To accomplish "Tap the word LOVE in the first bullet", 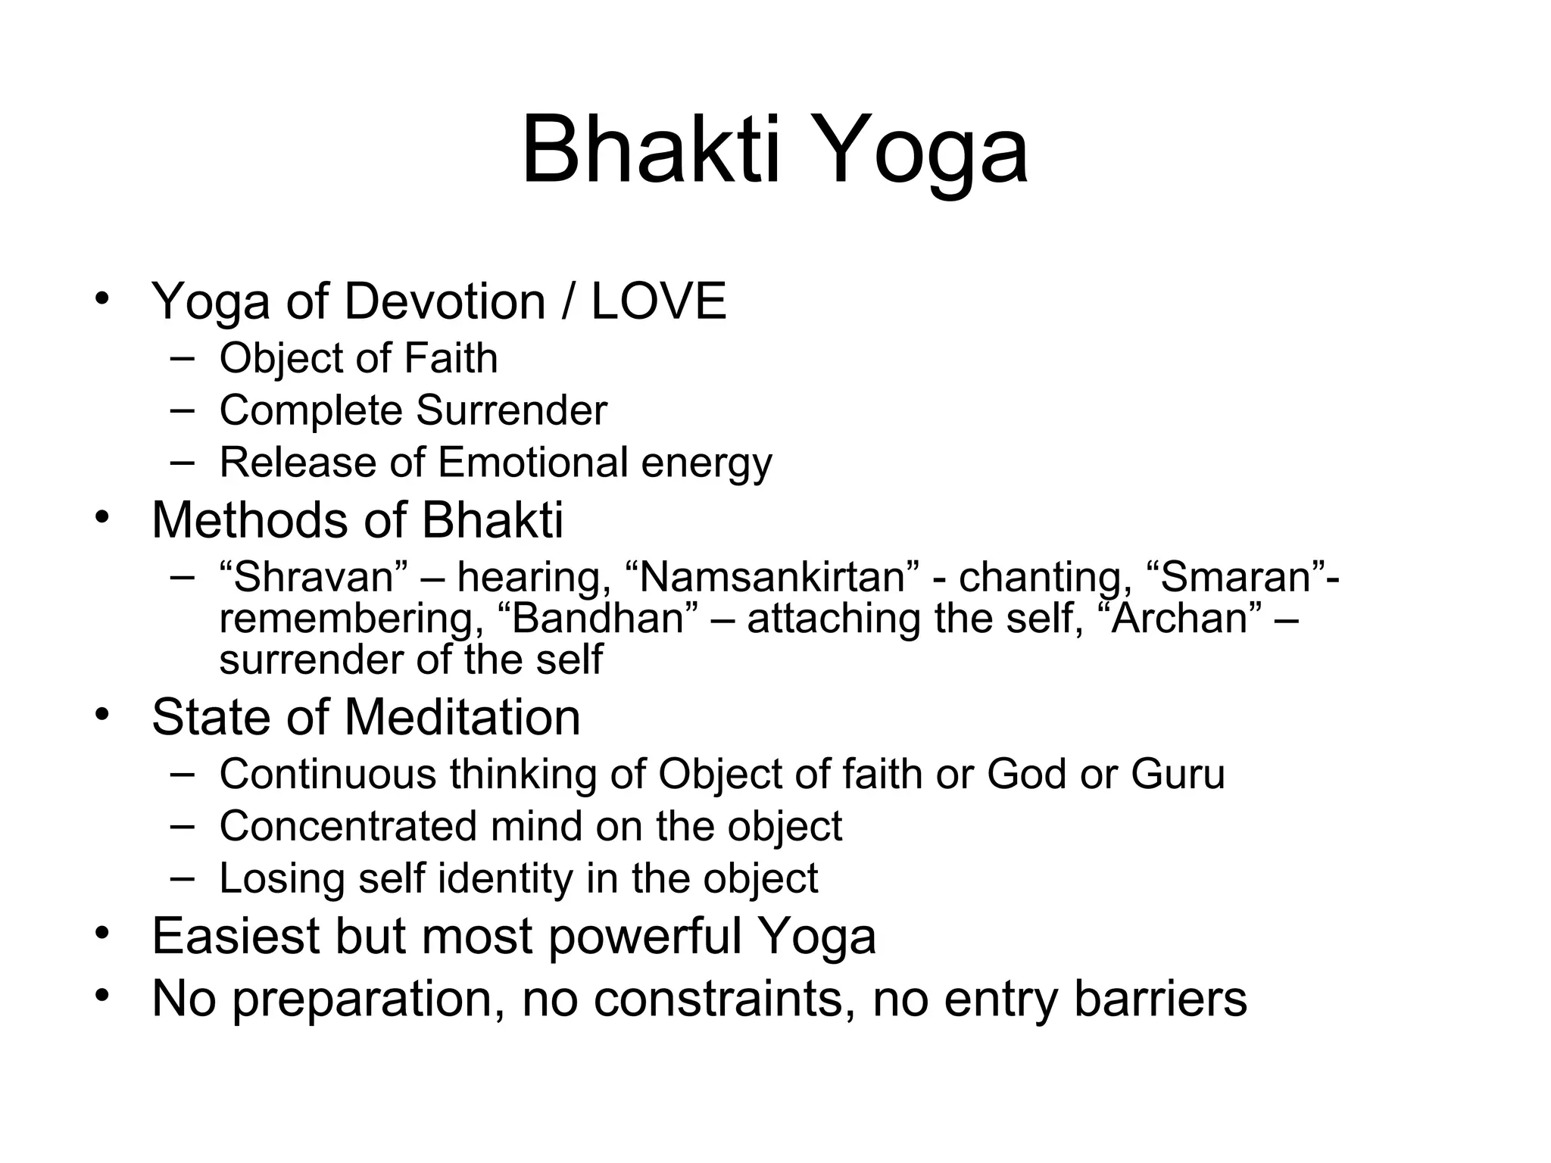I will (x=658, y=301).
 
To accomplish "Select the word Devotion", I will (x=445, y=301).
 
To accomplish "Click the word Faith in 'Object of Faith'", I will (x=451, y=358).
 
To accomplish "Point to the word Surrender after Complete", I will (x=511, y=410).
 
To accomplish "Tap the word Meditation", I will (x=462, y=717).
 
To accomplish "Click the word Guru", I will (x=1178, y=775).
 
